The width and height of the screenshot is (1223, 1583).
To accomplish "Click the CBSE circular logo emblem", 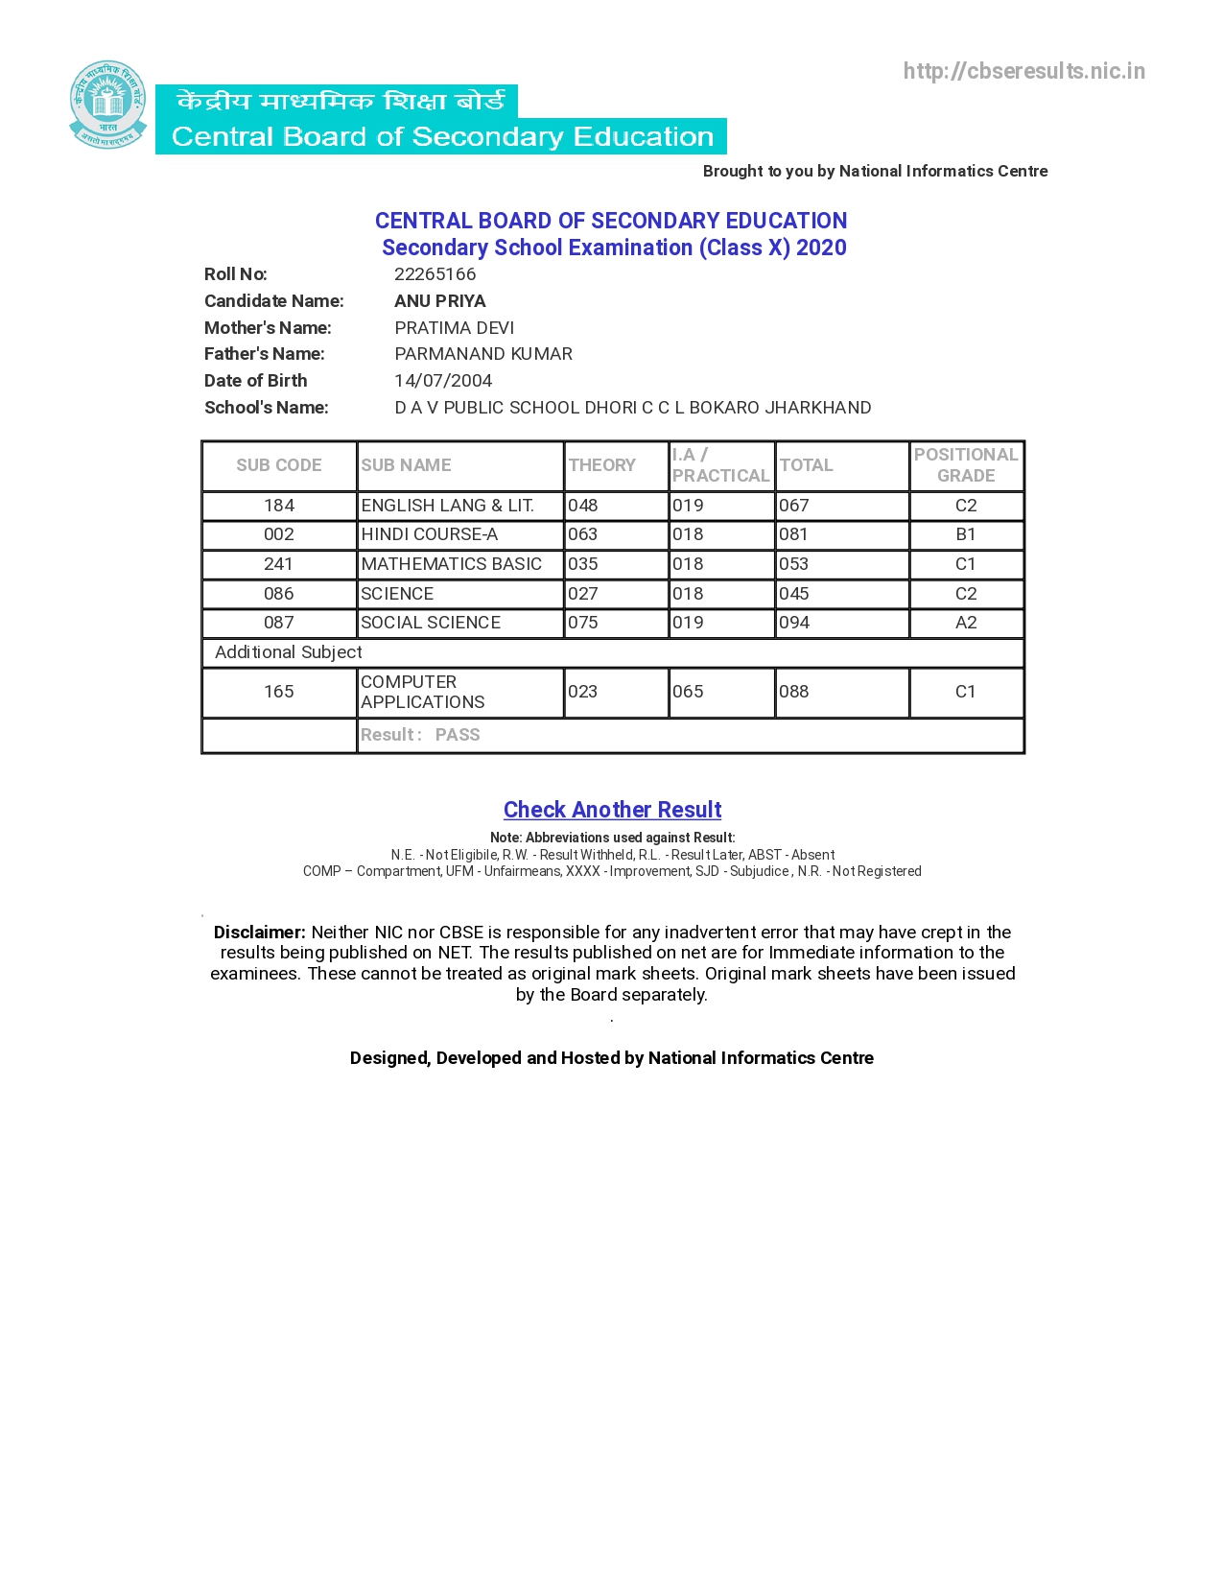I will coord(107,105).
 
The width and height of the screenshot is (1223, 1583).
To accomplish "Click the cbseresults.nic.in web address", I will coord(1023,71).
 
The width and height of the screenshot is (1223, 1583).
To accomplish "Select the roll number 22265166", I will coord(435,274).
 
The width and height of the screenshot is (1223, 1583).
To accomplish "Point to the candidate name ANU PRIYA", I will coord(439,301).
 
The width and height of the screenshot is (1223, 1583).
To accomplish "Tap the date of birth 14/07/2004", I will coord(443,381).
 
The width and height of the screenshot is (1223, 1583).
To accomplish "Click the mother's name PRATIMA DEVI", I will coord(454,328).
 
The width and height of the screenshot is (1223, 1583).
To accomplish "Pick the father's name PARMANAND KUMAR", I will coord(483,354).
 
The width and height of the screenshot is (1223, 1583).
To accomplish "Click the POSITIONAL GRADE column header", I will coord(965,465).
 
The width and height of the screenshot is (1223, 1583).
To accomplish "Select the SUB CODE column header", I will coord(278,465).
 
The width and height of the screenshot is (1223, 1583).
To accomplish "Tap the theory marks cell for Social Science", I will coord(583,623).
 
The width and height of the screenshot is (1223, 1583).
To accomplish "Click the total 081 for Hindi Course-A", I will coord(794,534).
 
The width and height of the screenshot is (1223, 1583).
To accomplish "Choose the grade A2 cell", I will coord(965,623).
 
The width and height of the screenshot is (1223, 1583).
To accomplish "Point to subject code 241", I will coord(278,564).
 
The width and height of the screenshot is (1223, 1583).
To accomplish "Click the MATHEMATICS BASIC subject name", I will coord(451,564).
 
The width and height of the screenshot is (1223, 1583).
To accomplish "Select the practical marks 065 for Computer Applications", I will coord(688,692).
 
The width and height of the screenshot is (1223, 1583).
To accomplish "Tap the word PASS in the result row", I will coord(458,735).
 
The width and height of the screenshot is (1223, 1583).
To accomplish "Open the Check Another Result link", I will coord(612,810).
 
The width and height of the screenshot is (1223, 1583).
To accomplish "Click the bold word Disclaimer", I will coord(259,933).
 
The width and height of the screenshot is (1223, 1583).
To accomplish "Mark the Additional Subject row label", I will coord(288,652).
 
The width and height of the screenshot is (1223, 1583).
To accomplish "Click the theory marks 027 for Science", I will coord(583,594).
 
